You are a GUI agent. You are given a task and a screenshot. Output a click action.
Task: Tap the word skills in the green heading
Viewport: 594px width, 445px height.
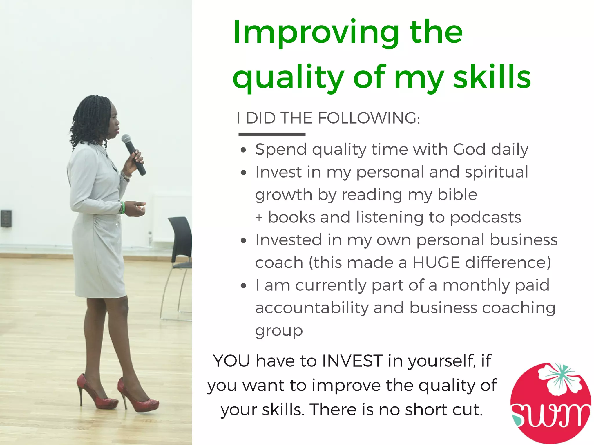[492, 77]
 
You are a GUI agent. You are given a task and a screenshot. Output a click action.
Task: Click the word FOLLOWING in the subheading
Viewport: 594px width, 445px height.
[369, 118]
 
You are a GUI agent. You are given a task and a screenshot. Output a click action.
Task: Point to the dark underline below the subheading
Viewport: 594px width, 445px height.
[272, 135]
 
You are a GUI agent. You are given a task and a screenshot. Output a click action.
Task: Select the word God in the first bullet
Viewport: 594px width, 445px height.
[469, 150]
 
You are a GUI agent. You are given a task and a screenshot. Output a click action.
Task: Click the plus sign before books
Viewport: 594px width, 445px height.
[259, 218]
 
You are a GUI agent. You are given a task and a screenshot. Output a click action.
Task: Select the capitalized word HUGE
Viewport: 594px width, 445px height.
[436, 263]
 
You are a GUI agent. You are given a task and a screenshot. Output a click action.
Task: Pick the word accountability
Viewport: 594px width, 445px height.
[312, 308]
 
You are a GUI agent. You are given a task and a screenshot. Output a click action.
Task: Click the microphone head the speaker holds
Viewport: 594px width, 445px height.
[126, 139]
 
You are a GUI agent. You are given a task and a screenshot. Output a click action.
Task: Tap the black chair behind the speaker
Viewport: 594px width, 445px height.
[180, 247]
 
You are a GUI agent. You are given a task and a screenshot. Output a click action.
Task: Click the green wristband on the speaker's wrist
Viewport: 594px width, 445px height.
[123, 207]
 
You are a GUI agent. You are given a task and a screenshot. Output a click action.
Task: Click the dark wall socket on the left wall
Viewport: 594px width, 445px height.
[6, 218]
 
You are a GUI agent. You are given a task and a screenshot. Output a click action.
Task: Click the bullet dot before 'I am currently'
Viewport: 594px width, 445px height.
[243, 286]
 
